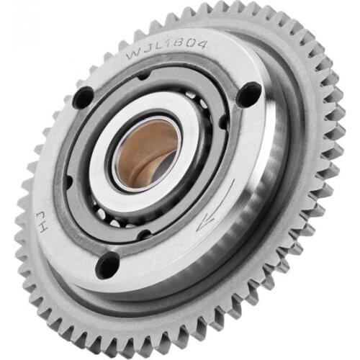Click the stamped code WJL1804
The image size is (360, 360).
click(166, 48)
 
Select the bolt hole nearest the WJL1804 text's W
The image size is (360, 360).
click(84, 96)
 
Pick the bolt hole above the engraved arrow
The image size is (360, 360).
click(249, 94)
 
